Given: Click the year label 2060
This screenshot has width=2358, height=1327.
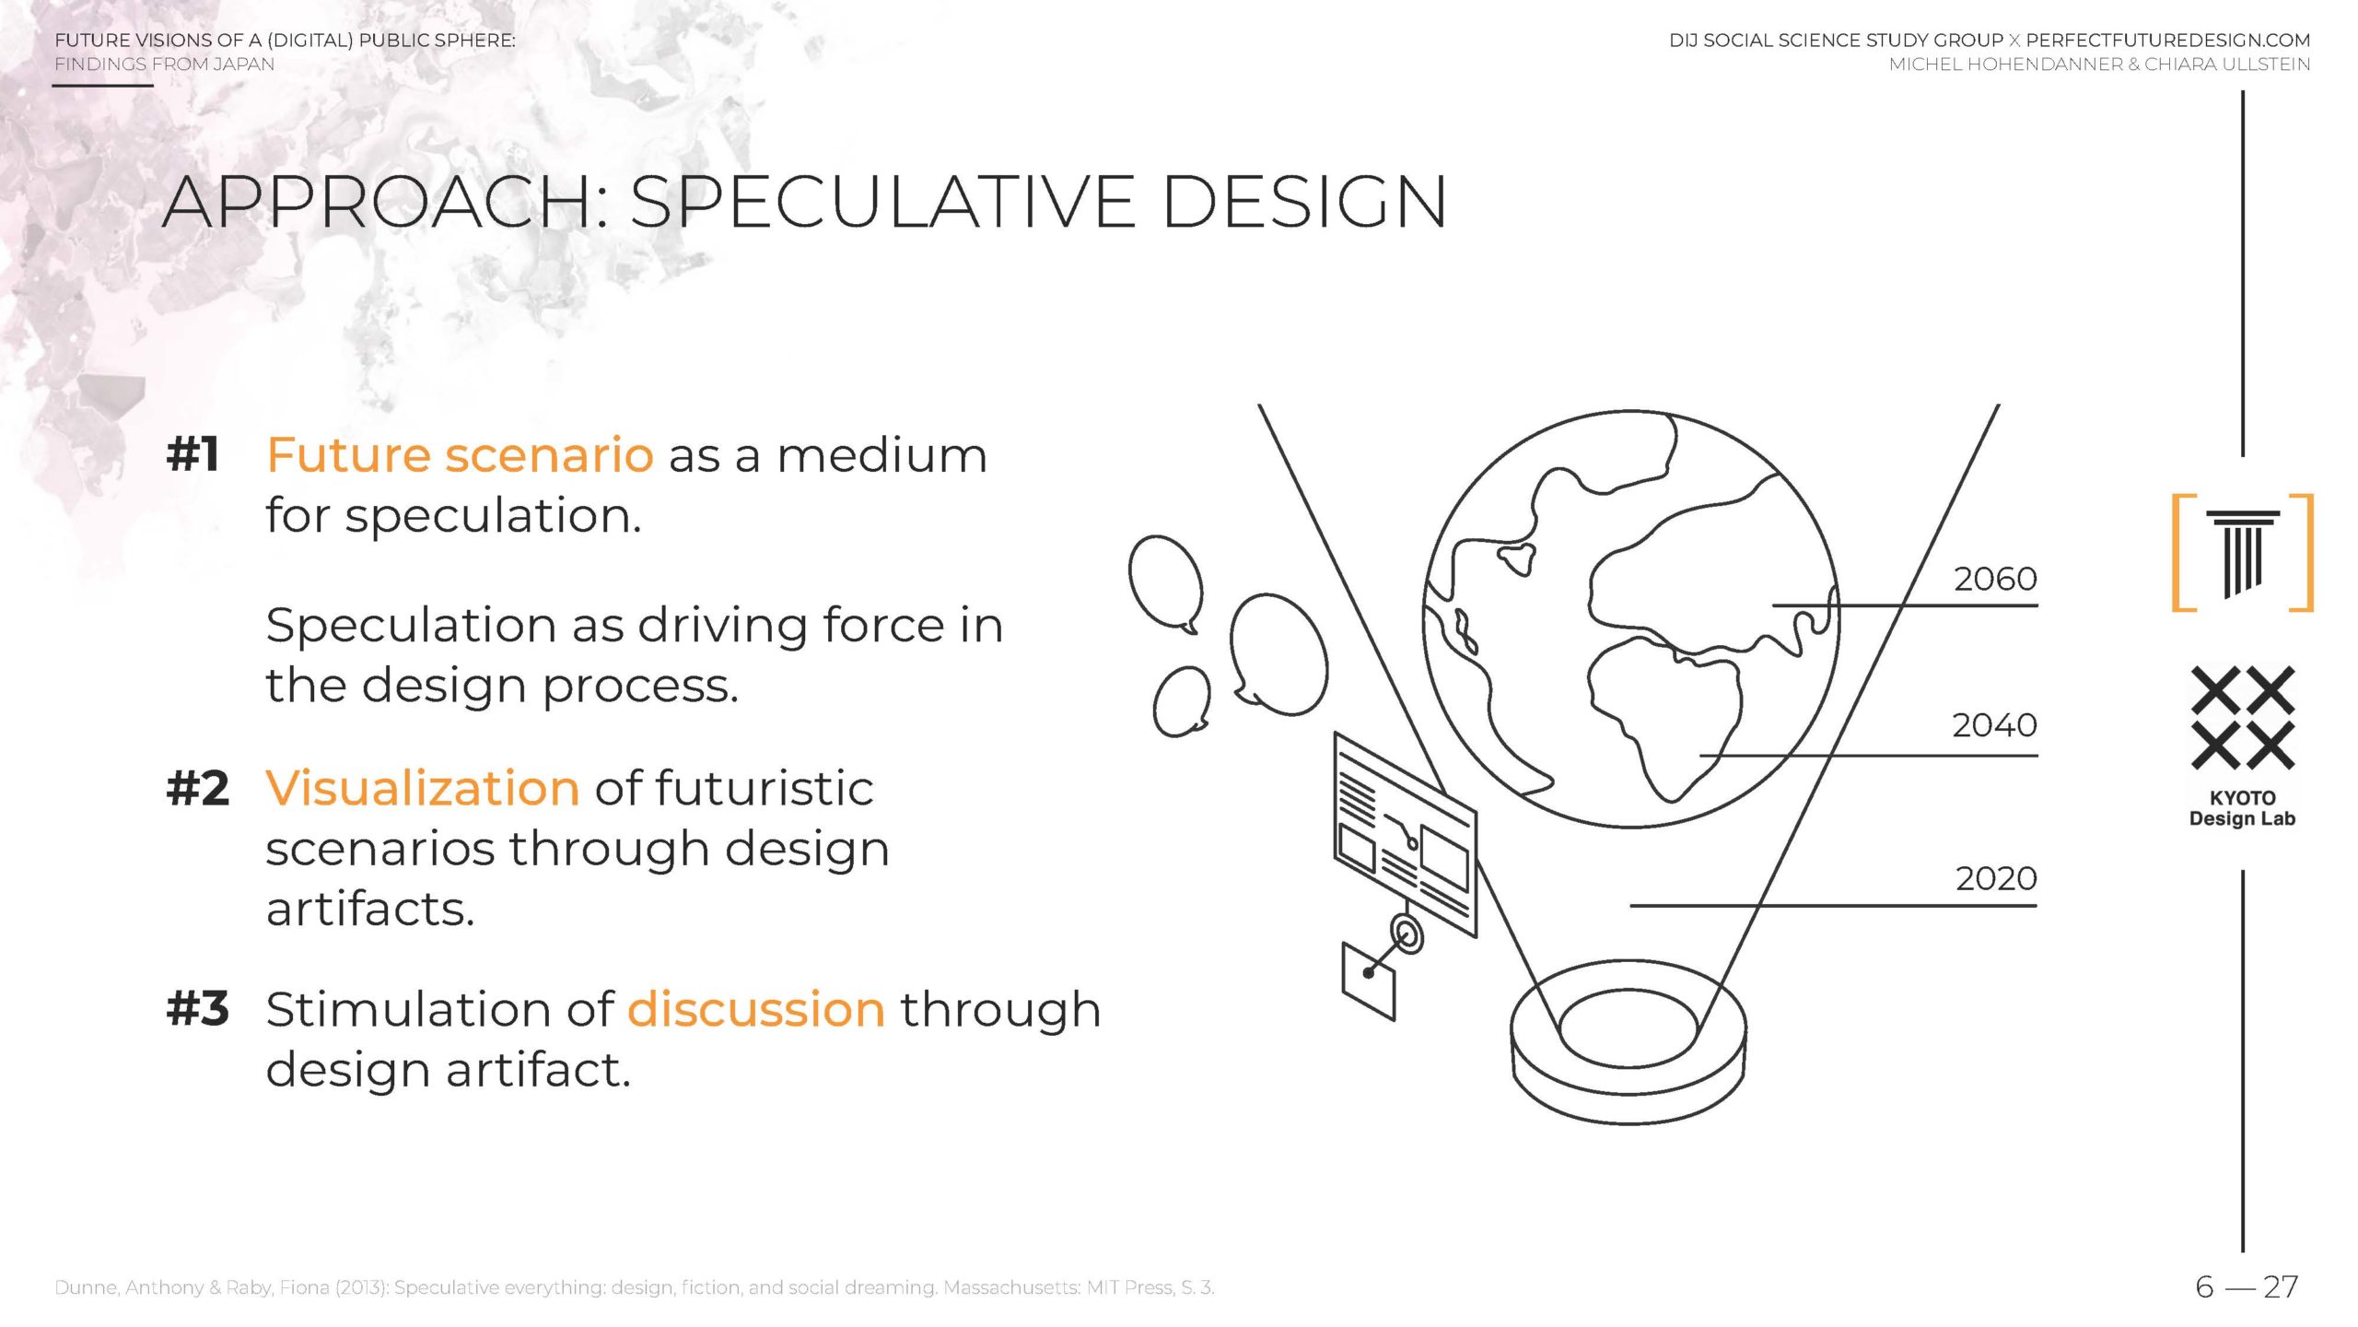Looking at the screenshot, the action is (1995, 579).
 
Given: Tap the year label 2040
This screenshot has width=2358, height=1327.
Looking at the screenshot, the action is (1994, 725).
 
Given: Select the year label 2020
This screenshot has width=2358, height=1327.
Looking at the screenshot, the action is (1996, 878).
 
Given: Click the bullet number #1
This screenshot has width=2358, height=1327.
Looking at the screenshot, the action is (193, 454).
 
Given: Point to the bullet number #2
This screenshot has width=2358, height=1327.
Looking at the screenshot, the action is (197, 788).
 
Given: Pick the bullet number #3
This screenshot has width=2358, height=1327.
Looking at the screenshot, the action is (197, 1008).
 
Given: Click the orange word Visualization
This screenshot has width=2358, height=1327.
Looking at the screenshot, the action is (423, 788).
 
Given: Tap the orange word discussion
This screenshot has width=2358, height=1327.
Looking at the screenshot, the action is (756, 1008).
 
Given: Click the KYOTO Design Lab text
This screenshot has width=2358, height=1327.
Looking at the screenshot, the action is (2242, 808).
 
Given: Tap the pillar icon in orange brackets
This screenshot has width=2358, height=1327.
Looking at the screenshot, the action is (2243, 553).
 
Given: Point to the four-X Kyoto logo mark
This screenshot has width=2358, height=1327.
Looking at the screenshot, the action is (2243, 719).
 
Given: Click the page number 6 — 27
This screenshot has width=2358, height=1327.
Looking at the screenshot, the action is (2247, 1286).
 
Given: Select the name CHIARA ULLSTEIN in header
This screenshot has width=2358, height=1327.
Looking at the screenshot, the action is (2227, 65).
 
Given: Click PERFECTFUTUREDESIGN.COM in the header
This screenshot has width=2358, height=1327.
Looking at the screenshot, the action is (2168, 41).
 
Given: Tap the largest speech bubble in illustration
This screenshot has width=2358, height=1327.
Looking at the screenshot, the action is (1278, 653).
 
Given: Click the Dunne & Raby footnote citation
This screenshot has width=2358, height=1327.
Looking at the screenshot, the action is (635, 1287).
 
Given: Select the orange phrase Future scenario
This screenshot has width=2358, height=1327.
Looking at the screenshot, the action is (460, 454).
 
